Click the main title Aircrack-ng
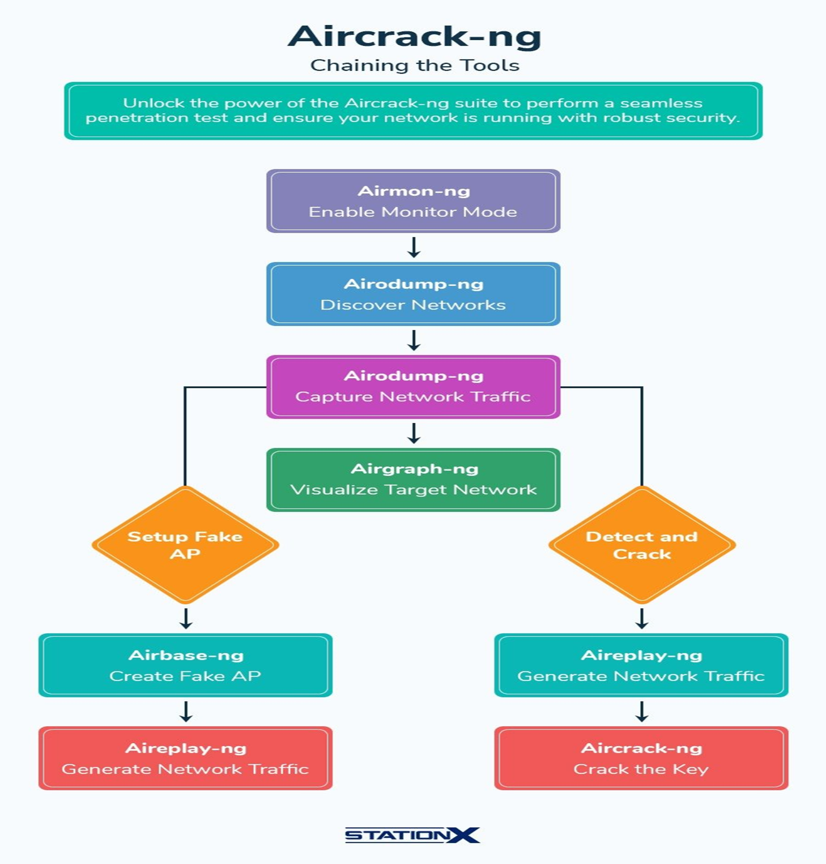click(414, 36)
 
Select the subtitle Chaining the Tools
click(414, 66)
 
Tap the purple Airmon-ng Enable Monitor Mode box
click(413, 201)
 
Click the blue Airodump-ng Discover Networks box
click(413, 294)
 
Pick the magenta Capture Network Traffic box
click(413, 387)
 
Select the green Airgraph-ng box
click(413, 480)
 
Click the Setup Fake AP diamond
click(185, 545)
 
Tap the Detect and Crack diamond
click(642, 545)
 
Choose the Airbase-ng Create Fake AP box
click(185, 665)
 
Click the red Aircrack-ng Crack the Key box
click(641, 758)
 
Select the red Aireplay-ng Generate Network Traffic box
click(185, 758)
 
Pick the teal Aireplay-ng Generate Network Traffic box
click(641, 665)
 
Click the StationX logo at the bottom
click(412, 835)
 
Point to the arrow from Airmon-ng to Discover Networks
click(414, 247)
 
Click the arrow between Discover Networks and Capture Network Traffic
click(414, 340)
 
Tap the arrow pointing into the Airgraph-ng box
click(414, 433)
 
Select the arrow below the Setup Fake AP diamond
click(186, 619)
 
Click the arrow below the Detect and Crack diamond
click(642, 619)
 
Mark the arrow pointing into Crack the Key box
click(642, 712)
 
